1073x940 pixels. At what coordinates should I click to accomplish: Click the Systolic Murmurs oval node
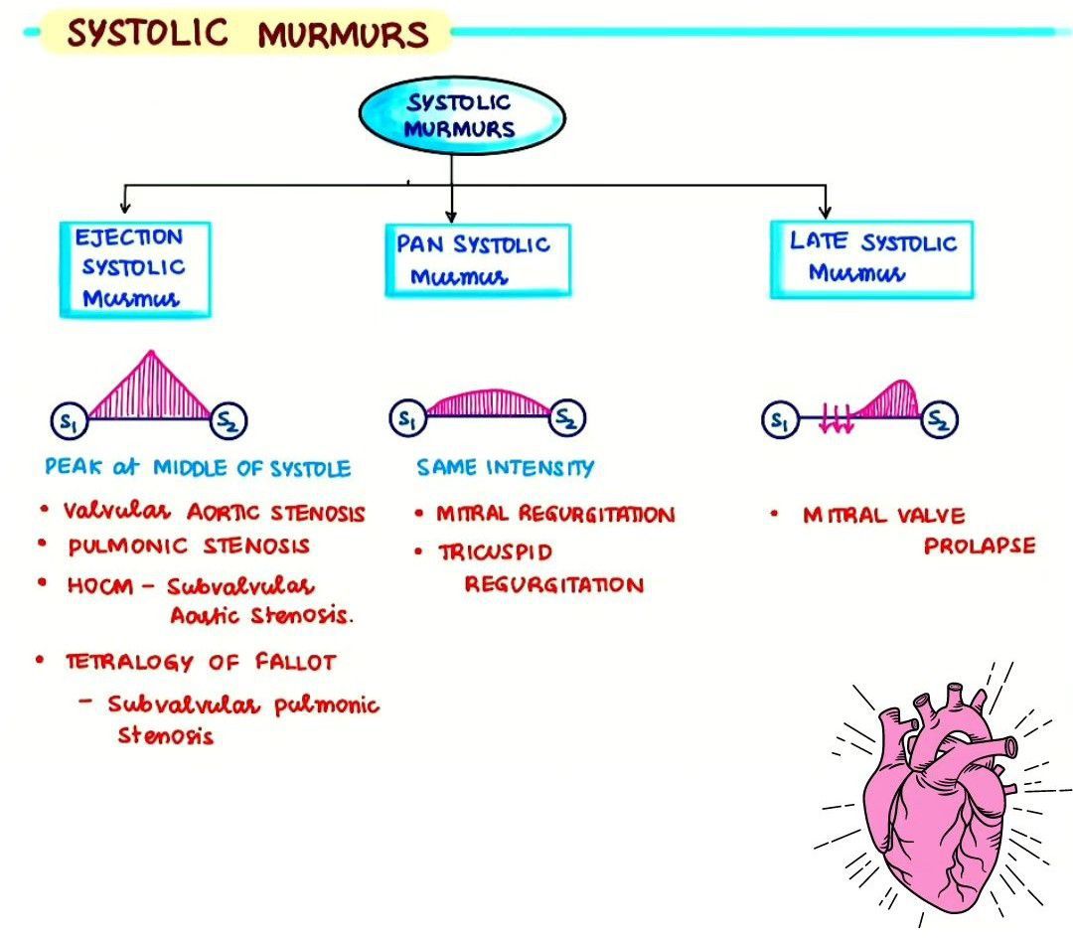point(461,115)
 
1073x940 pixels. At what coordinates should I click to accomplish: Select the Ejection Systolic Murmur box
point(134,268)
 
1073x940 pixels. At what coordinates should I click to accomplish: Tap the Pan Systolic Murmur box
point(477,259)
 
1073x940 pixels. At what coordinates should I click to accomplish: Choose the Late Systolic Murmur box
point(871,258)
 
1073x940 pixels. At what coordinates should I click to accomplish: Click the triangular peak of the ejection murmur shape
point(149,358)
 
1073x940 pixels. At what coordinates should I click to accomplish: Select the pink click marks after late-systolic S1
point(837,422)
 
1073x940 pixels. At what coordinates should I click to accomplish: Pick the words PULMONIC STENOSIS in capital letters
point(189,546)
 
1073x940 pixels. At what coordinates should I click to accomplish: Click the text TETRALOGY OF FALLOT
point(202,661)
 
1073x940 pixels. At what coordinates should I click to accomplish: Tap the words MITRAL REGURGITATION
point(555,514)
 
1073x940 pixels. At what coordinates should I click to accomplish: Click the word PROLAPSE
point(979,546)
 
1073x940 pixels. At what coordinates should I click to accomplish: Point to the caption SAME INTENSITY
point(505,467)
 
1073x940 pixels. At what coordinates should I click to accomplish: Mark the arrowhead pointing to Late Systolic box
point(824,211)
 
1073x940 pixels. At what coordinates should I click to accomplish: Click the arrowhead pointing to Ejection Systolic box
point(124,207)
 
